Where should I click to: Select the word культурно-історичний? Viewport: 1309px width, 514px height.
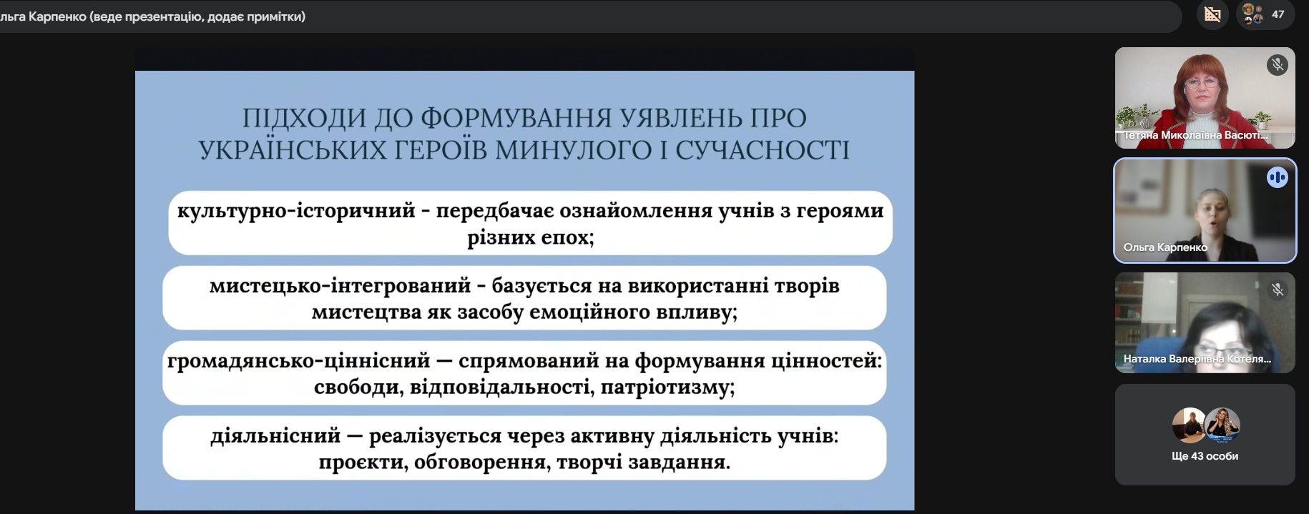point(296,211)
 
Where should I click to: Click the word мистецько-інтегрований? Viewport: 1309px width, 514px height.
point(340,286)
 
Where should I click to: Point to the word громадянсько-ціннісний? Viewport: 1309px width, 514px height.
point(298,361)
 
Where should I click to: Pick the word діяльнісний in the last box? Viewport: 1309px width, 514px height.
point(275,436)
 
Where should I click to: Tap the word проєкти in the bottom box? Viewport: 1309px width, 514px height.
point(362,463)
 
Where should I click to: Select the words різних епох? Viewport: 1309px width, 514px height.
point(530,237)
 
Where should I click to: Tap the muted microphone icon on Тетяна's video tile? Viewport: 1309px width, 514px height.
point(1277,65)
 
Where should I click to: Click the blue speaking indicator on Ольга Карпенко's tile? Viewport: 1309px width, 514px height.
point(1277,177)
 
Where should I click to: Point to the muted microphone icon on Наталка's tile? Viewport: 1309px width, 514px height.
point(1277,290)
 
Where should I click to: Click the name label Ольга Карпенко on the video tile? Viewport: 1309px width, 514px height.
point(1165,247)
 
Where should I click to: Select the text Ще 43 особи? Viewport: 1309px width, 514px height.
point(1205,456)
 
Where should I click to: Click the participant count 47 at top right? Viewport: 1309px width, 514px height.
point(1278,14)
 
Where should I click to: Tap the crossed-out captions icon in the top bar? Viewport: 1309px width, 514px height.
point(1212,14)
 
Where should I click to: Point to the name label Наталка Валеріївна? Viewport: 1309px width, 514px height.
point(1196,359)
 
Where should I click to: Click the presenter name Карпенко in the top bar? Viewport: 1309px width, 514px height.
point(57,16)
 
